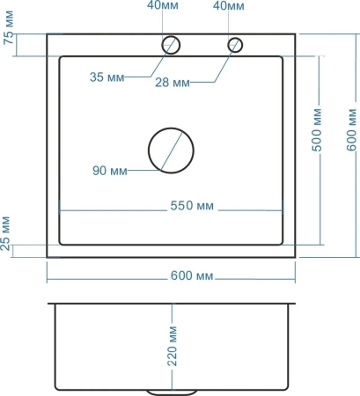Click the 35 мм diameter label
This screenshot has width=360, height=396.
coord(107,77)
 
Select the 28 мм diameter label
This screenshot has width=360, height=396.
coord(173,83)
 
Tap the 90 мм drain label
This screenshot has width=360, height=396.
coord(110,171)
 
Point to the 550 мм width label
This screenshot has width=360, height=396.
coord(192,206)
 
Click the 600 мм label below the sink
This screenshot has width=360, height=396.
coord(192,275)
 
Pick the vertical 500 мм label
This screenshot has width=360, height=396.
coord(317,129)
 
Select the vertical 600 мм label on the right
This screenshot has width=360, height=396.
coord(351,129)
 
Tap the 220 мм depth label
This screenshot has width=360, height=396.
coord(173,346)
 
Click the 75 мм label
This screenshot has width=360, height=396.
coord(9,27)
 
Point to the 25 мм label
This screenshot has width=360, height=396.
coord(5,233)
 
